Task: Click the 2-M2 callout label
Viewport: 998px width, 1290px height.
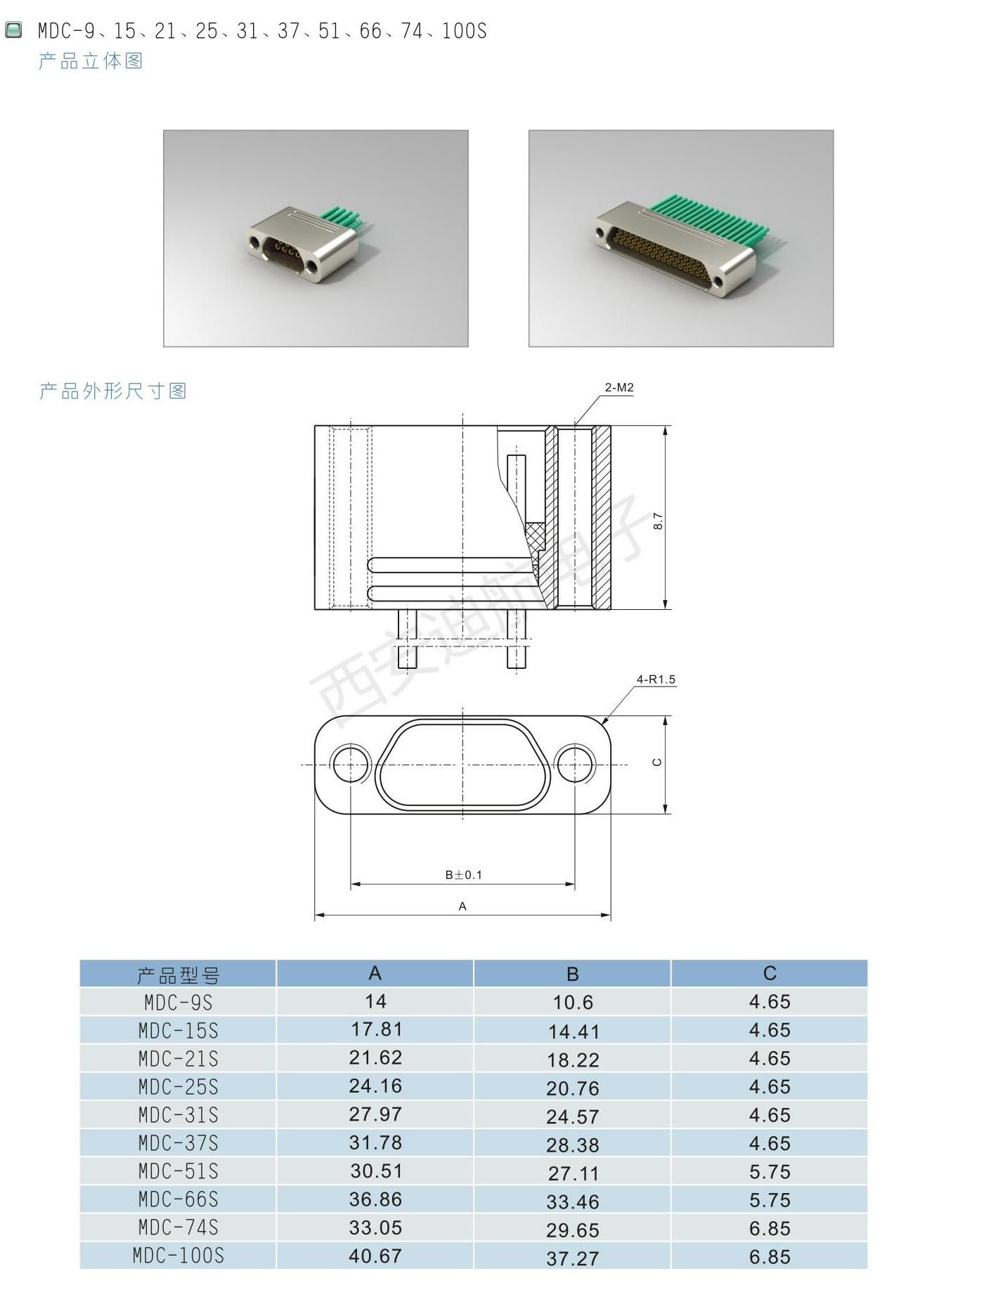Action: coord(619,387)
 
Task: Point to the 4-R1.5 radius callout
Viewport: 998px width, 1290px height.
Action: coord(656,679)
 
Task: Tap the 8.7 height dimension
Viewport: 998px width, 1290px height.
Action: coord(658,521)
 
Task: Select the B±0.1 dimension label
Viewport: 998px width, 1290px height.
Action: coord(464,875)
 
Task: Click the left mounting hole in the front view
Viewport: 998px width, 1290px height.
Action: coord(351,764)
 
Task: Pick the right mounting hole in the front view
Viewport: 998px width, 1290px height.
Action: coord(575,764)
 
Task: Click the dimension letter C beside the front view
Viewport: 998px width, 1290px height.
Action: coord(657,762)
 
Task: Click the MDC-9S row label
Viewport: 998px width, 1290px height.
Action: coord(179,1002)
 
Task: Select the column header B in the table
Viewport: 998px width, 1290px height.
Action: coord(573,974)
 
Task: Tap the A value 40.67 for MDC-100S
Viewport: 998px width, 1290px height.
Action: coord(375,1256)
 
